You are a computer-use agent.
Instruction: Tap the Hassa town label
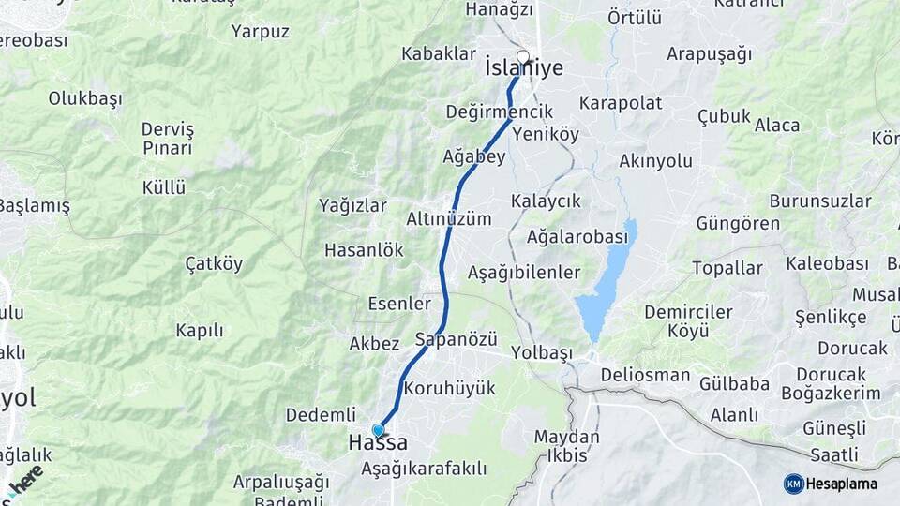pyautogui.click(x=378, y=442)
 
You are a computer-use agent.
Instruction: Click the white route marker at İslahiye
pyautogui.click(x=523, y=56)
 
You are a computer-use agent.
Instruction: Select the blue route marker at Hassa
pyautogui.click(x=378, y=430)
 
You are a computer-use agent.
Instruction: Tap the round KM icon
pyautogui.click(x=793, y=484)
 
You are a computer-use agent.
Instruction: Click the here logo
pyautogui.click(x=25, y=481)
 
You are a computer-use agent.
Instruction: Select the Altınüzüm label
pyautogui.click(x=448, y=218)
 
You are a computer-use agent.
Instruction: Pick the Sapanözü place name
pyautogui.click(x=456, y=338)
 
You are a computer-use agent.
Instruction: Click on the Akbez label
pyautogui.click(x=374, y=344)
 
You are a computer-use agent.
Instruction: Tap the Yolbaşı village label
pyautogui.click(x=542, y=353)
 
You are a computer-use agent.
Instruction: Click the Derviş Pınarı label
pyautogui.click(x=168, y=138)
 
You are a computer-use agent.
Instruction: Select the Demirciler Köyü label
pyautogui.click(x=688, y=320)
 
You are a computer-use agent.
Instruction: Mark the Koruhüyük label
pyautogui.click(x=449, y=388)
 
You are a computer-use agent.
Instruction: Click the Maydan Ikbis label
pyautogui.click(x=566, y=446)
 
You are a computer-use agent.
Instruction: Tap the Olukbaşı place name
pyautogui.click(x=85, y=97)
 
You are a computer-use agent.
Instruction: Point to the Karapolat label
pyautogui.click(x=621, y=103)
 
